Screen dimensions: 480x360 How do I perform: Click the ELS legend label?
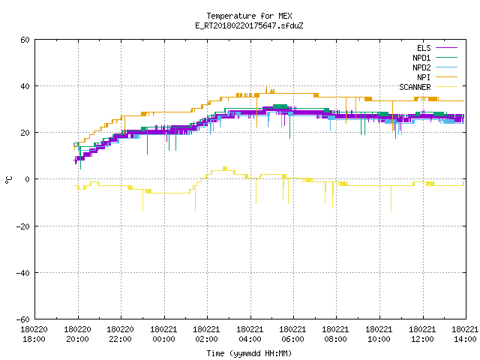pyautogui.click(x=424, y=48)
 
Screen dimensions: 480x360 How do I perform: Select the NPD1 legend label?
pyautogui.click(x=421, y=58)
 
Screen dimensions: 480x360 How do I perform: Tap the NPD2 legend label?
pyautogui.click(x=421, y=67)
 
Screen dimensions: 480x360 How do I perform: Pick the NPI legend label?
pyautogui.click(x=424, y=77)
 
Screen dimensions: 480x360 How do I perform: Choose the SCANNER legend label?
pyautogui.click(x=415, y=87)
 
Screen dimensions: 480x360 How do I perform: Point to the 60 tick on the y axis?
pyautogui.click(x=25, y=40)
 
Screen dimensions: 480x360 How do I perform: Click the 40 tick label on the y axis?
pyautogui.click(x=25, y=86)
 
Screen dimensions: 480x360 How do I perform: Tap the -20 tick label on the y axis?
pyautogui.click(x=23, y=226)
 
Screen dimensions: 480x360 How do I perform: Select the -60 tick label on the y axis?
pyautogui.click(x=23, y=319)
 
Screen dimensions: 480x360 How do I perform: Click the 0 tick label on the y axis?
pyautogui.click(x=28, y=179)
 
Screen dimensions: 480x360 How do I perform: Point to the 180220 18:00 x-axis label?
pyautogui.click(x=34, y=334)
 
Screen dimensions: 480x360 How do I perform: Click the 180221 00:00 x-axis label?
pyautogui.click(x=163, y=334)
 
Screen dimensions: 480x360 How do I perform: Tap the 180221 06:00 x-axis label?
pyautogui.click(x=293, y=334)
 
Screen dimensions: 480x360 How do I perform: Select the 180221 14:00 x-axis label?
pyautogui.click(x=465, y=334)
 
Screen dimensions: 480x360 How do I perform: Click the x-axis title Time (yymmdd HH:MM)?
pyautogui.click(x=249, y=353)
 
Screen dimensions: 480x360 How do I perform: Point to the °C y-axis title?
pyautogui.click(x=8, y=180)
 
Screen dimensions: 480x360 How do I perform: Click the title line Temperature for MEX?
pyautogui.click(x=249, y=16)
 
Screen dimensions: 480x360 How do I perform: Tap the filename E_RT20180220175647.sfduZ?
pyautogui.click(x=249, y=25)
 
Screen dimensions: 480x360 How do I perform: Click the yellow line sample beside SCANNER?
pyautogui.click(x=446, y=87)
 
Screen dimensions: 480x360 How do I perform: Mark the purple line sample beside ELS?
pyautogui.click(x=446, y=48)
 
